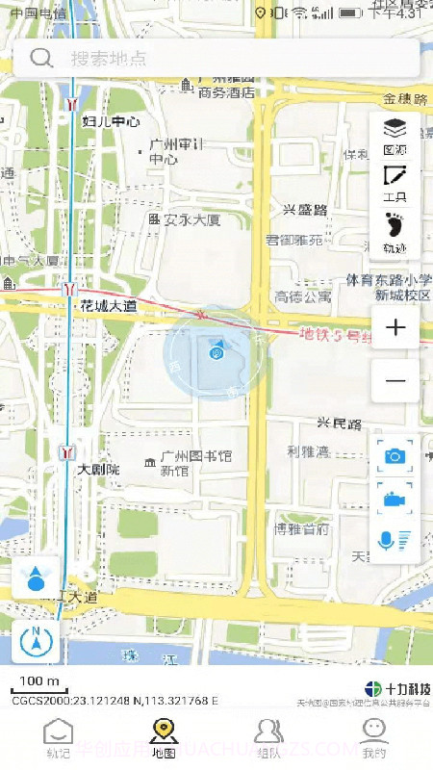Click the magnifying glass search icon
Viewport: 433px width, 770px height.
pyautogui.click(x=41, y=58)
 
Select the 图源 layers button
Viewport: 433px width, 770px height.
pyautogui.click(x=395, y=135)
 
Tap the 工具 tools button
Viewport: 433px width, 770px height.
pyautogui.click(x=395, y=183)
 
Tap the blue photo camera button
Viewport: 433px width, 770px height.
pyautogui.click(x=395, y=455)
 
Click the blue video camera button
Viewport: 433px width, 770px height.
pyautogui.click(x=395, y=499)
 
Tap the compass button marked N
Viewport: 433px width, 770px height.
pyautogui.click(x=37, y=641)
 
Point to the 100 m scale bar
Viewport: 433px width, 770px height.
pyautogui.click(x=39, y=685)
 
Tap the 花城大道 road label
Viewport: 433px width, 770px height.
pyautogui.click(x=107, y=306)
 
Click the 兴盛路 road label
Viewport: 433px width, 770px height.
pyautogui.click(x=305, y=210)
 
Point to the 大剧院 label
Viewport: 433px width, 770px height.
pyautogui.click(x=98, y=470)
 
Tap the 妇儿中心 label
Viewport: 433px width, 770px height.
pyautogui.click(x=111, y=121)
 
